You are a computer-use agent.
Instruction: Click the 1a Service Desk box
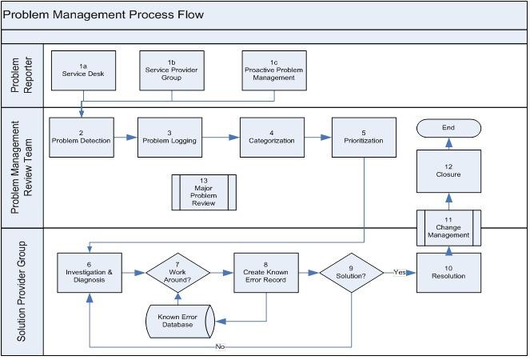82,70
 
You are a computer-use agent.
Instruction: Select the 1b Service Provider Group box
172,70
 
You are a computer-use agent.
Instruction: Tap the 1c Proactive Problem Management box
273,70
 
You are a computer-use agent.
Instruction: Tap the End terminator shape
448,128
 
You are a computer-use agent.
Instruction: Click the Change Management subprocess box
448,228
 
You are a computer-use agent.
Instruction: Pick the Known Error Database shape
177,322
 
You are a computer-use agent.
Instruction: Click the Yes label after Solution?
399,272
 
